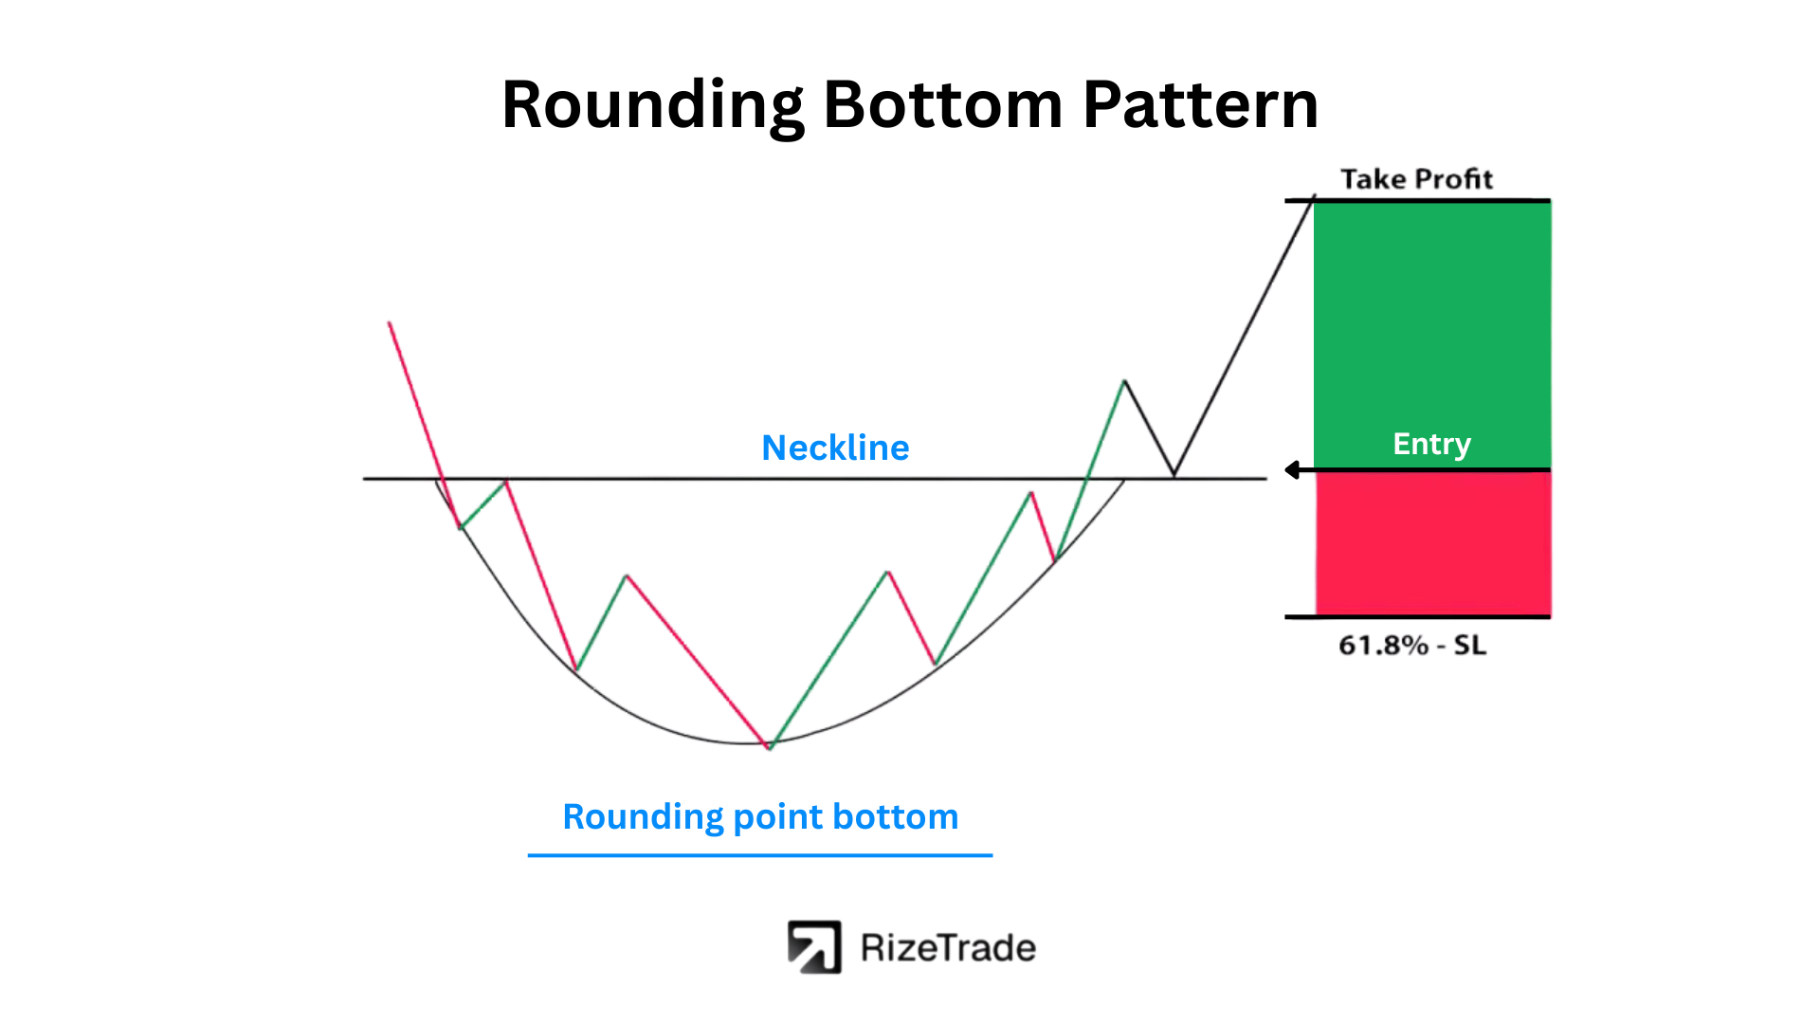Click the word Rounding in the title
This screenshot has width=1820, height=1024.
point(653,105)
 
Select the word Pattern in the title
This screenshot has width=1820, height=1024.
point(1200,104)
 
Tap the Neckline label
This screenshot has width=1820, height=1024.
point(835,448)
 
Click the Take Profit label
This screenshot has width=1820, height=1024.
point(1416,179)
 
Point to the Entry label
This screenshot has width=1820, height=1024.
point(1431,444)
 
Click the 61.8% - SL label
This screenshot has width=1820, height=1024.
point(1412,646)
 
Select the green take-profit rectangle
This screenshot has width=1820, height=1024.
point(1432,335)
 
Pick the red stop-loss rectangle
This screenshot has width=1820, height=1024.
point(1433,543)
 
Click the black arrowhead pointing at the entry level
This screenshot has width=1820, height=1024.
point(1292,470)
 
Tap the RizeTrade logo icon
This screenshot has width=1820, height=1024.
point(814,947)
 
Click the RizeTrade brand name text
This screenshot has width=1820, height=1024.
point(948,948)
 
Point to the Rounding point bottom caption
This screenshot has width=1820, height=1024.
point(760,816)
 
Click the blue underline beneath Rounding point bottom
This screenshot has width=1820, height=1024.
point(760,855)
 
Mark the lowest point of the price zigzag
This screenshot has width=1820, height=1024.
point(769,748)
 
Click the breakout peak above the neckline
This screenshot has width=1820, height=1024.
point(1124,381)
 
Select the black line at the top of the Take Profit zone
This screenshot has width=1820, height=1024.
point(1417,200)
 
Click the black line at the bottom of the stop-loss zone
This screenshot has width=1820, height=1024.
point(1417,617)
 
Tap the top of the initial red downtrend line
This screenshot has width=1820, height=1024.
point(390,323)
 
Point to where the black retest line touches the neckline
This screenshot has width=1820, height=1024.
point(1174,476)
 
